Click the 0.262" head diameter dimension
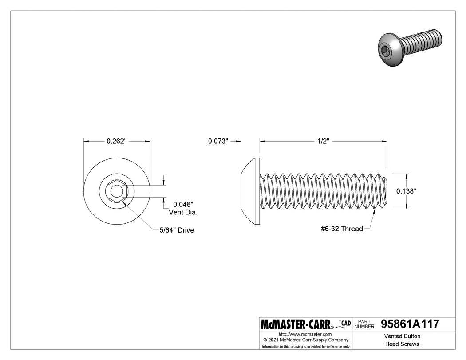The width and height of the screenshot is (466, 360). (117, 141)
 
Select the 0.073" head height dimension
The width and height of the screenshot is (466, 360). (218, 141)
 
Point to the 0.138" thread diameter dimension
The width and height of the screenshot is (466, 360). (406, 191)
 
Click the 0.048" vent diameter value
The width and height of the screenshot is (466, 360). (182, 205)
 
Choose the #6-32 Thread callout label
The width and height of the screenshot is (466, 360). (341, 229)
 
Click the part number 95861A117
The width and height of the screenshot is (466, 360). (410, 324)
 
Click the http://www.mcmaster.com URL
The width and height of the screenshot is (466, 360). (305, 334)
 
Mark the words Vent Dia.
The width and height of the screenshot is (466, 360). (183, 212)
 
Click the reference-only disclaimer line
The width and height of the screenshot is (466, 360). (306, 346)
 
